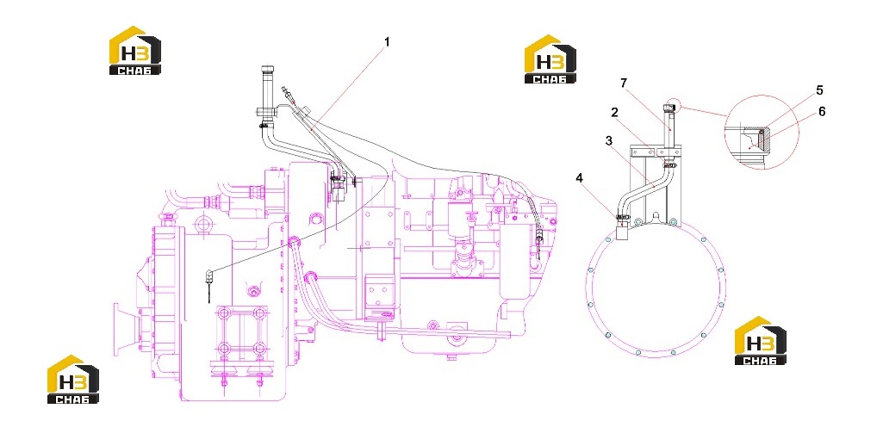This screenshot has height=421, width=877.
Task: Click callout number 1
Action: pos(386,42)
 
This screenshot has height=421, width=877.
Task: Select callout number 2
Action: pos(614,112)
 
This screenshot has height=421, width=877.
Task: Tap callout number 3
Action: pos(610,140)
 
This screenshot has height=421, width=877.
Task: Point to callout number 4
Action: pos(580,178)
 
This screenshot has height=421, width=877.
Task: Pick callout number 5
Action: pos(819,90)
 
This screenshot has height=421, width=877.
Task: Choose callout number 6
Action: pos(822,111)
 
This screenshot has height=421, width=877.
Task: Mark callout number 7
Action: pos(624,83)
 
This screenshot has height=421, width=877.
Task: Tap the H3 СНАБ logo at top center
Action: pos(550,59)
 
